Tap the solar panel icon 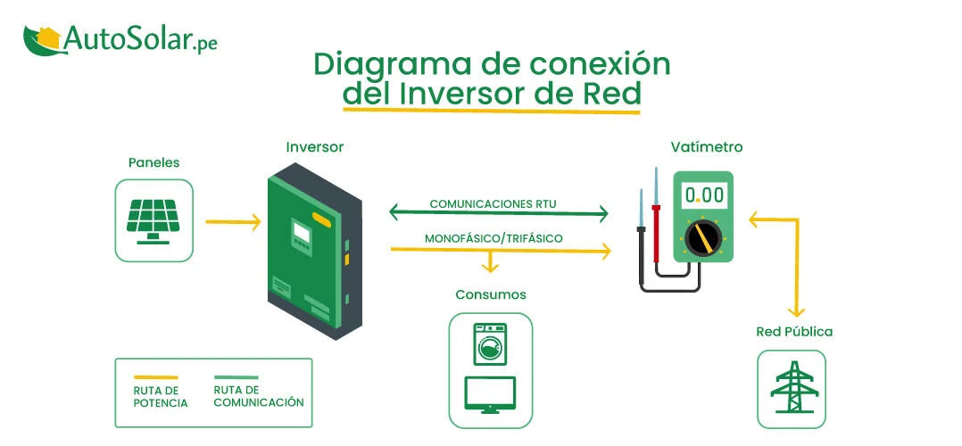pyautogui.click(x=153, y=220)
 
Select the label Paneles pyautogui.click(x=153, y=162)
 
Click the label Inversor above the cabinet pyautogui.click(x=314, y=146)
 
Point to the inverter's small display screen pyautogui.click(x=301, y=234)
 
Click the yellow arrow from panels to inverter pyautogui.click(x=232, y=221)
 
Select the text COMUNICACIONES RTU pyautogui.click(x=493, y=203)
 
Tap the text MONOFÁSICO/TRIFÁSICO pyautogui.click(x=493, y=239)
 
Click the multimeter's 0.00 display pyautogui.click(x=702, y=194)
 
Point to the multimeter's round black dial pyautogui.click(x=702, y=238)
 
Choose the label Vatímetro pyautogui.click(x=707, y=146)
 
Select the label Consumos pyautogui.click(x=491, y=294)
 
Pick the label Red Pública pyautogui.click(x=794, y=332)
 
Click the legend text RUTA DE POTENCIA pyautogui.click(x=161, y=397)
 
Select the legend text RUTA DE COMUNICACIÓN pyautogui.click(x=259, y=396)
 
